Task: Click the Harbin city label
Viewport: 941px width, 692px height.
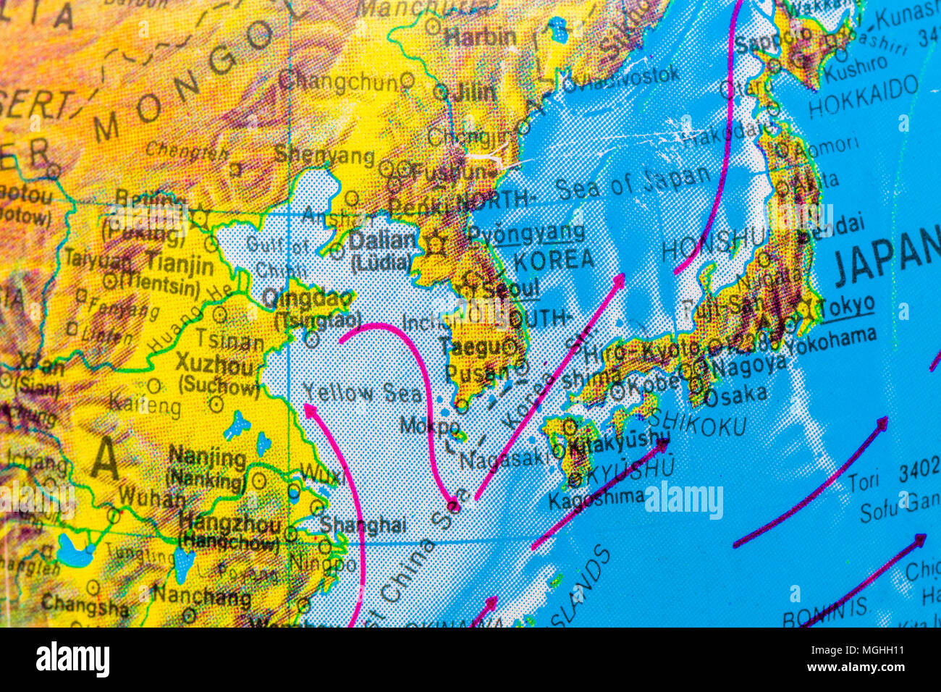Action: point(480,37)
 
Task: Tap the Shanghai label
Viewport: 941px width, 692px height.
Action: point(363,525)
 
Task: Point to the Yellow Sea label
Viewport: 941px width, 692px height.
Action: point(362,393)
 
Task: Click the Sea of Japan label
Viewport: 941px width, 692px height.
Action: point(633,182)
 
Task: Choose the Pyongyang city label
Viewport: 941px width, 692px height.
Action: point(526,233)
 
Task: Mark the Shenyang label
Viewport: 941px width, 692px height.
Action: point(324,155)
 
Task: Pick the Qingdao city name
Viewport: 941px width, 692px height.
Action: point(307,298)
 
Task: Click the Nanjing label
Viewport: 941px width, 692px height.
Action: point(207,457)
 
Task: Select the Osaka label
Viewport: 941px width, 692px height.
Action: point(735,395)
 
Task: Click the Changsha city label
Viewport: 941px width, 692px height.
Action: point(84,604)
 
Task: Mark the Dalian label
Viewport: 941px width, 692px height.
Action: point(383,240)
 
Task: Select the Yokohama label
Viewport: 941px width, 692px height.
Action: point(830,339)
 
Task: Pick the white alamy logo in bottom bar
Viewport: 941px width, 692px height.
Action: point(72,659)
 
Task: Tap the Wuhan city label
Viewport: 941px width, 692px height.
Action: point(151,497)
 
